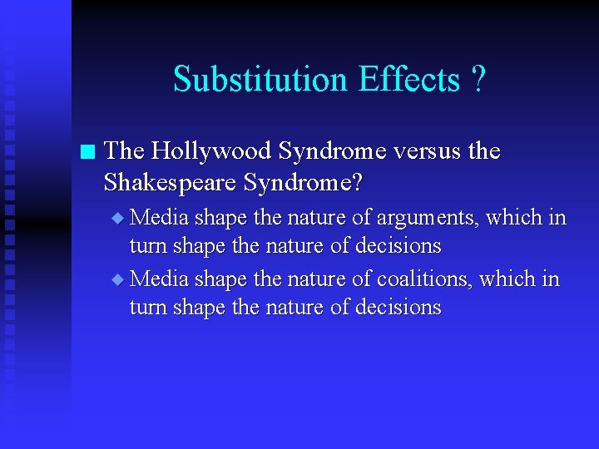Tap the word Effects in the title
(x=408, y=80)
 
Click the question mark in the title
(x=478, y=80)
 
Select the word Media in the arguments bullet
(x=160, y=218)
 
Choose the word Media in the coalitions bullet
(x=160, y=279)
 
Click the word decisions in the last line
(x=397, y=308)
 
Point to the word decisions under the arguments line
(x=397, y=247)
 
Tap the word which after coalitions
(x=510, y=279)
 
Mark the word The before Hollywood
(x=125, y=151)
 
